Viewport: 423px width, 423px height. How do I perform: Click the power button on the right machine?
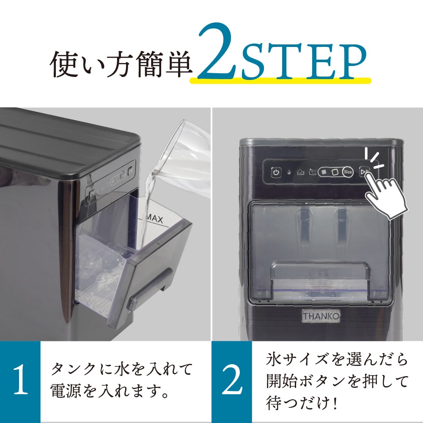click(x=276, y=172)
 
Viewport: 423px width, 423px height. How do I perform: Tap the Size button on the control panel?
click(x=348, y=172)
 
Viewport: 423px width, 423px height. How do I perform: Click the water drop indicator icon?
click(x=288, y=173)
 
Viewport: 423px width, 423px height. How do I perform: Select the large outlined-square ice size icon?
click(x=335, y=172)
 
